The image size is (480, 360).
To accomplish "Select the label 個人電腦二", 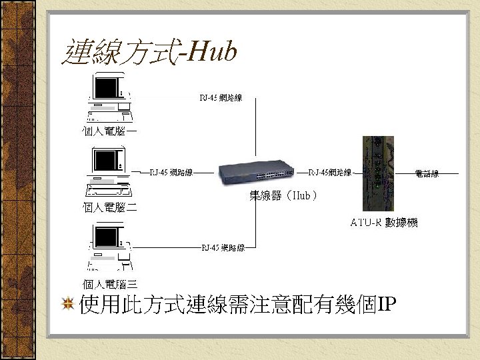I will pos(110,207).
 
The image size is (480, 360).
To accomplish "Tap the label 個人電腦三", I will pos(110,284).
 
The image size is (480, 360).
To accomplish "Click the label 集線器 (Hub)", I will pos(283,196).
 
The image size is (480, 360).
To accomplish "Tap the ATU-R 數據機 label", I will pos(384,223).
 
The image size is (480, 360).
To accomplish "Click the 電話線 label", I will pos(427,174).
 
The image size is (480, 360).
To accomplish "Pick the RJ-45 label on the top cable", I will pos(221,98).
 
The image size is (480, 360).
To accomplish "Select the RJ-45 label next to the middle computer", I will pos(171,173).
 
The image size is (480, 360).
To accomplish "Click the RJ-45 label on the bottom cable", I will pos(223,248).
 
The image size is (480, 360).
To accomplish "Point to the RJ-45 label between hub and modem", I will pos(330,173).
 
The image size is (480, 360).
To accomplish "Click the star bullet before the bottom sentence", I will pos(67,305).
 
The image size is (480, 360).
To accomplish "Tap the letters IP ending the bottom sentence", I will pos(387,305).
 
